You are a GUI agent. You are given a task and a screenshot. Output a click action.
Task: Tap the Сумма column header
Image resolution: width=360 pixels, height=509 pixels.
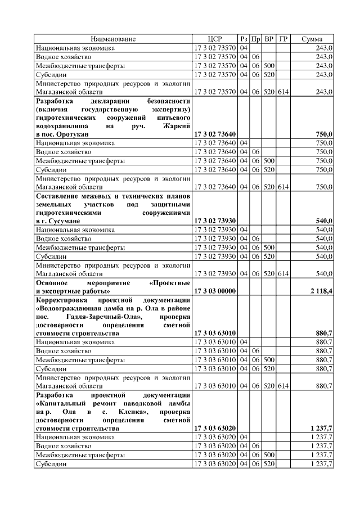(312, 39)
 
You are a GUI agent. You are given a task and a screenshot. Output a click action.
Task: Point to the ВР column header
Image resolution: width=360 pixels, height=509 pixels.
(269, 39)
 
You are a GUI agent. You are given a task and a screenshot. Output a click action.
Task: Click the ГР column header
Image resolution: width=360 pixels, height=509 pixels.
(283, 39)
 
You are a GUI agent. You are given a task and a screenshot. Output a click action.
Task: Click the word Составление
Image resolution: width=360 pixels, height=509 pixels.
(58, 196)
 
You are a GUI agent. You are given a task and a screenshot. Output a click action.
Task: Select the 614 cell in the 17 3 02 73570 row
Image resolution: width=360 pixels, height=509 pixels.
(283, 91)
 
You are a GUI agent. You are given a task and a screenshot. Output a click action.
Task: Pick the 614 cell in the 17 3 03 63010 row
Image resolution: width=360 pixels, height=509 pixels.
(283, 386)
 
